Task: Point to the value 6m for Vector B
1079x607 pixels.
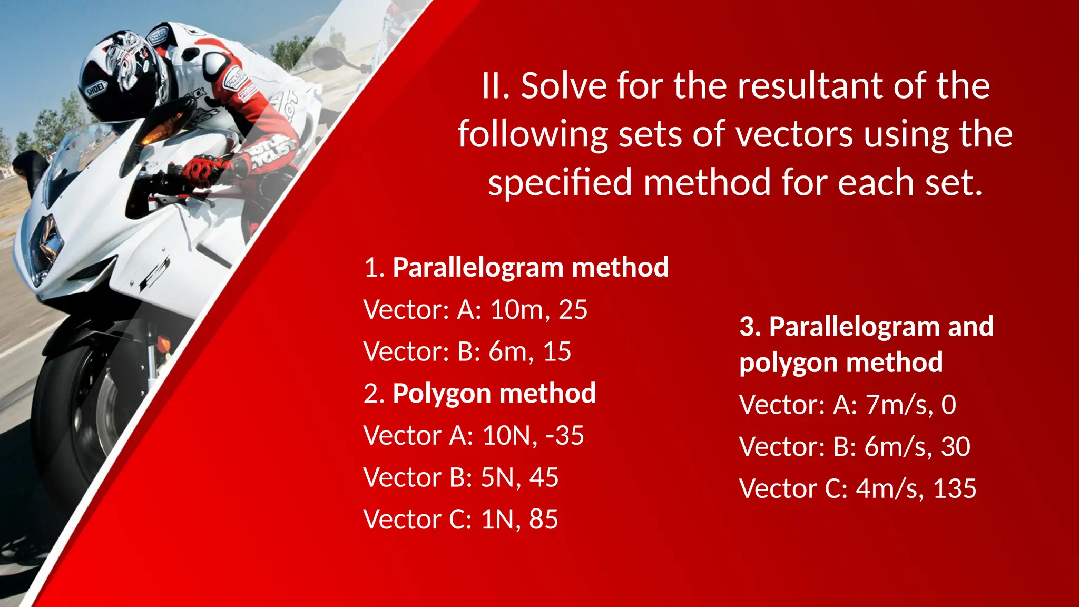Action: click(507, 351)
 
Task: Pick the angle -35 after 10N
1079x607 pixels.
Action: click(565, 436)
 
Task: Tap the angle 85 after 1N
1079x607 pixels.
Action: click(543, 520)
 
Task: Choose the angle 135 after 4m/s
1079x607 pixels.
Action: click(954, 488)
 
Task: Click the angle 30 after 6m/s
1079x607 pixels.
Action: click(955, 447)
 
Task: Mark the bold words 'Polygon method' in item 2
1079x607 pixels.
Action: click(494, 394)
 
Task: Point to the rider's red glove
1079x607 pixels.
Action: click(203, 168)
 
